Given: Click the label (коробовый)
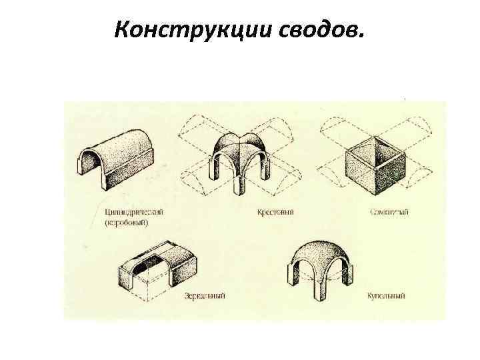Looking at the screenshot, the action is tap(130, 223).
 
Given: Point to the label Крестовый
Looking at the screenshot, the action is tap(275, 213).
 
